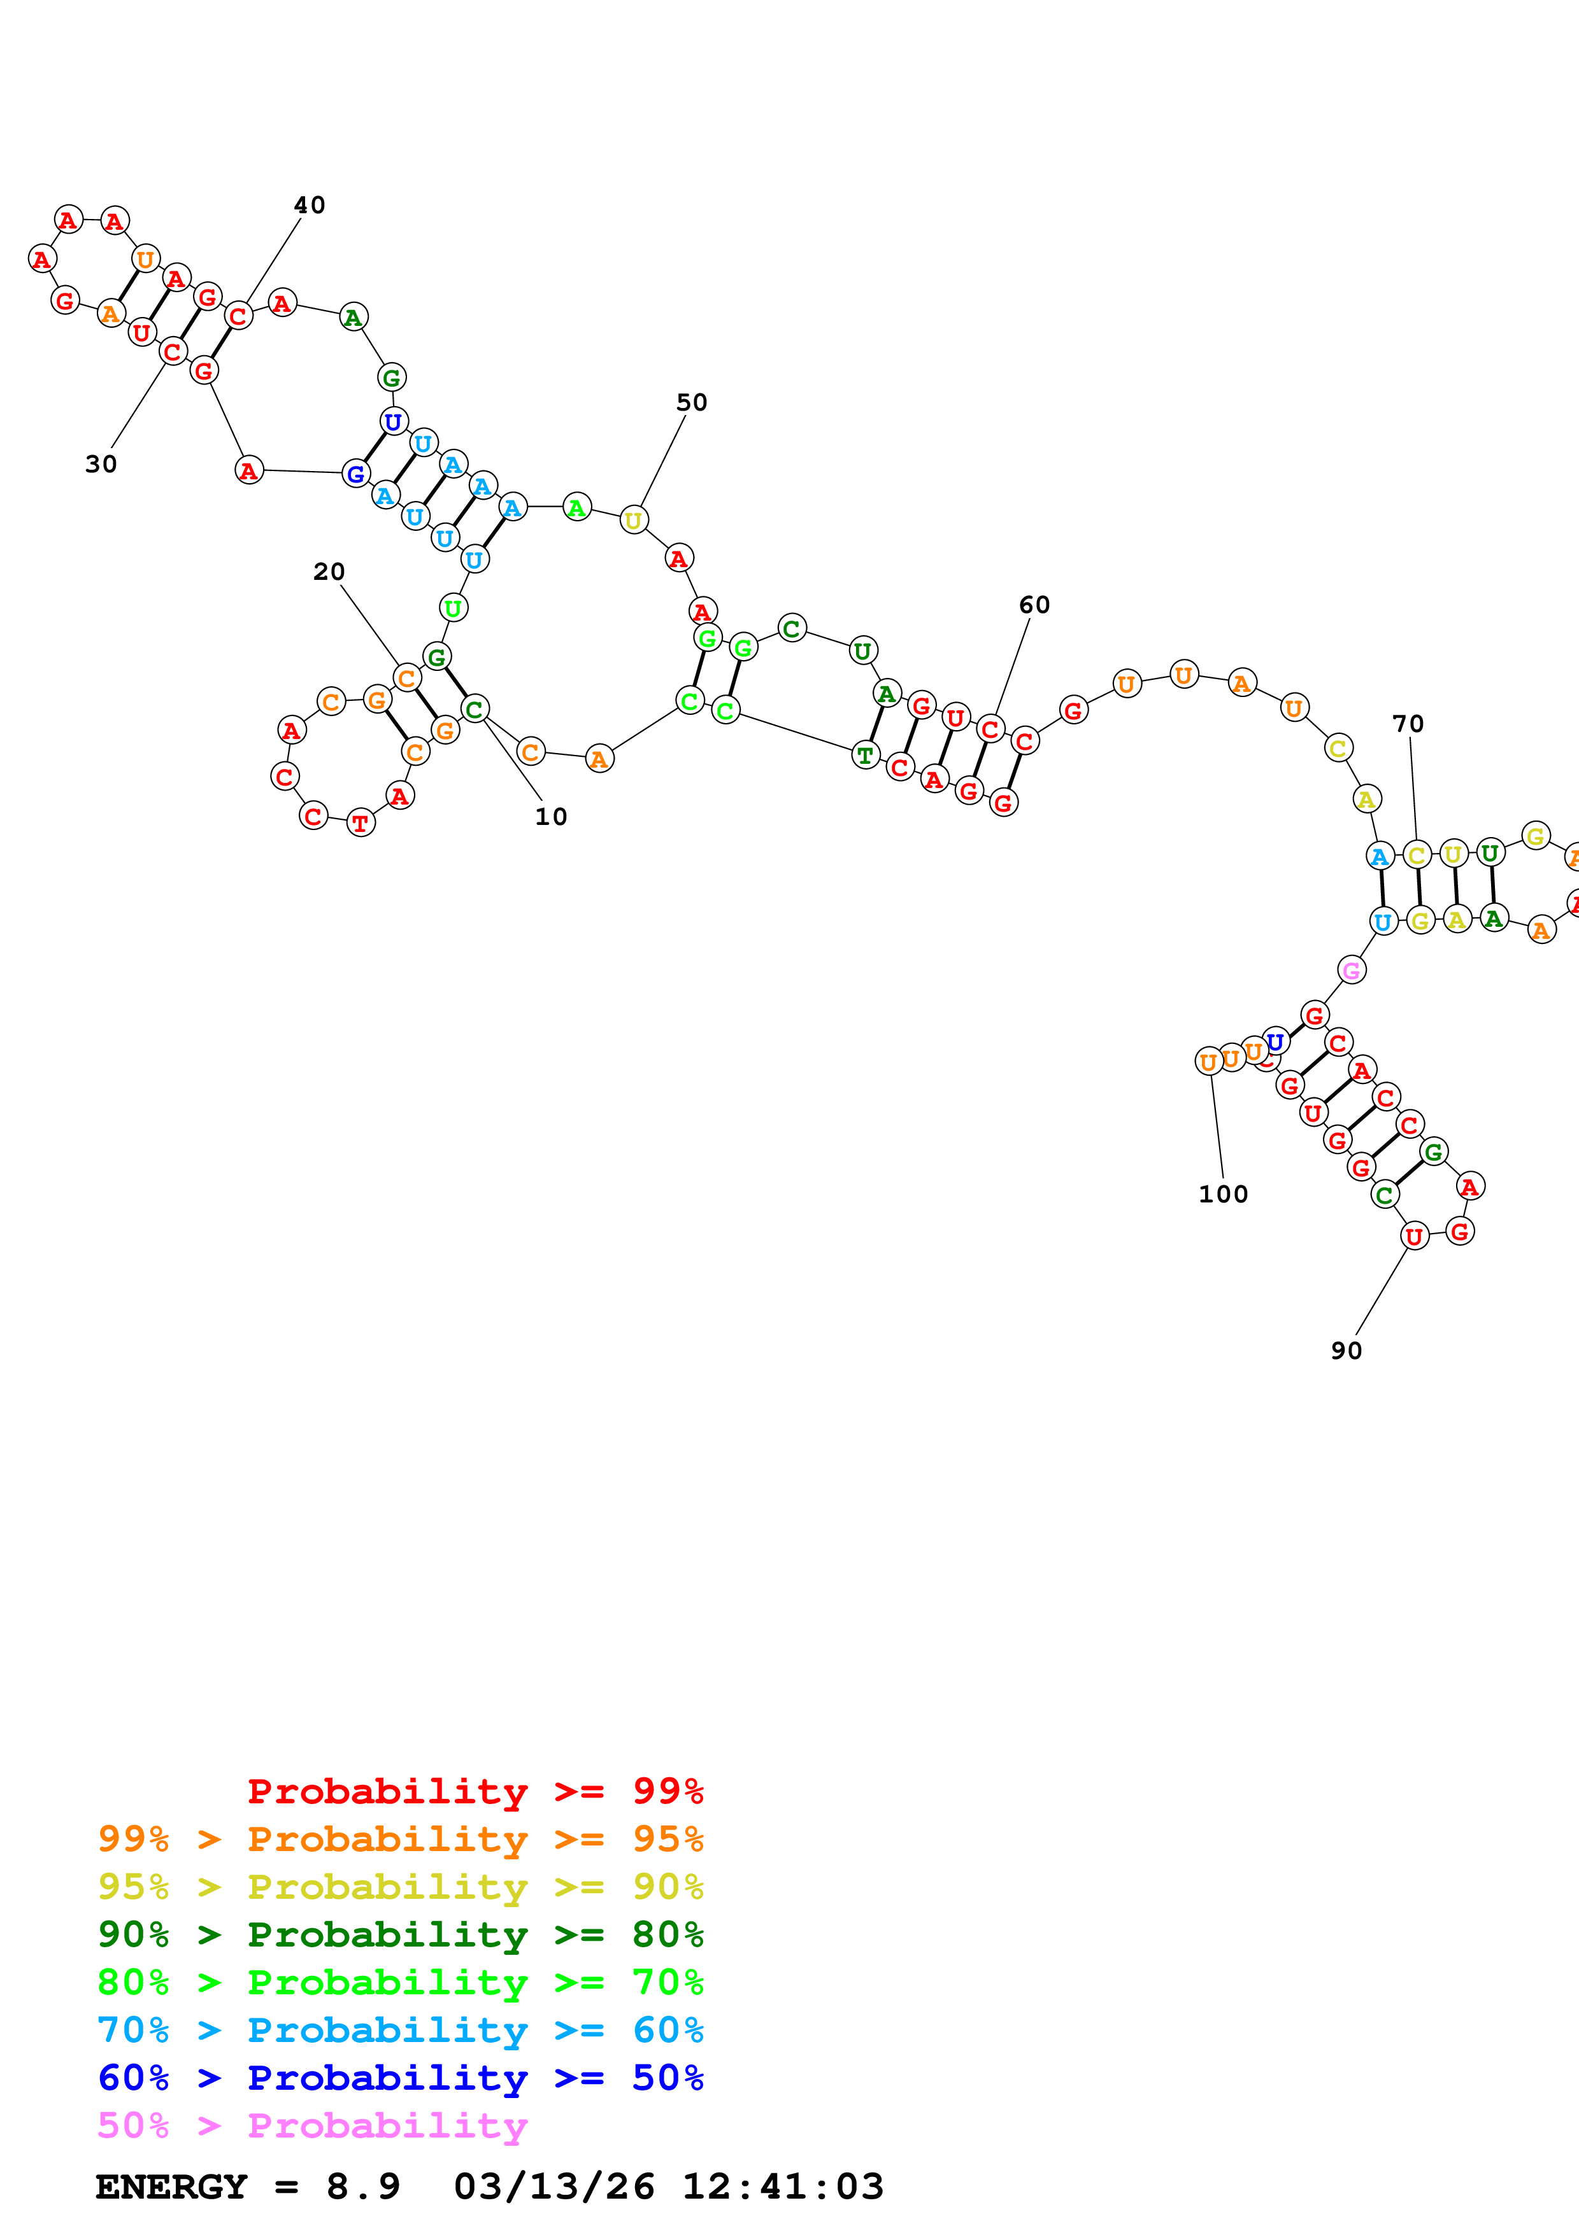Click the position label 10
[x=551, y=817]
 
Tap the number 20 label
[x=329, y=572]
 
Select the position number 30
[x=101, y=465]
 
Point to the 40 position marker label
[x=310, y=205]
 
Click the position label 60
[x=1034, y=605]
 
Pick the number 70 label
[x=1408, y=724]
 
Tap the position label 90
[x=1347, y=1351]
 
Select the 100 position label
[x=1223, y=1194]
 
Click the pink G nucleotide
[x=1352, y=969]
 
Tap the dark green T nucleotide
[x=865, y=755]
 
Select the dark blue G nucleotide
[x=356, y=475]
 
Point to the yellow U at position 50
[x=633, y=520]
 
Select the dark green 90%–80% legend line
[x=401, y=1934]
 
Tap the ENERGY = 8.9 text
[x=248, y=2187]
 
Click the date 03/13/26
[x=555, y=2187]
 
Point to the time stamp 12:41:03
[x=783, y=2187]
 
